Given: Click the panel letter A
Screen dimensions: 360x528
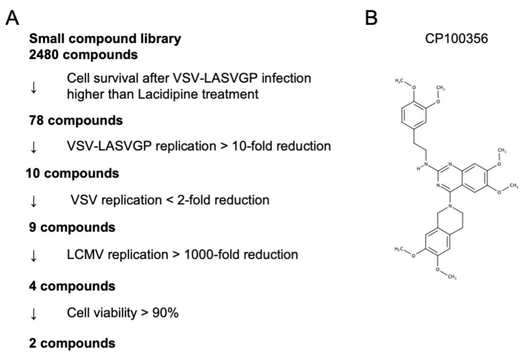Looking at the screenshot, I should click(x=12, y=18).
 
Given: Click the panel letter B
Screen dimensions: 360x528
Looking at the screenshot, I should click(x=371, y=18).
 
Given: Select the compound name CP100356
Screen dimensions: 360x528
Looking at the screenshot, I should click(x=456, y=38).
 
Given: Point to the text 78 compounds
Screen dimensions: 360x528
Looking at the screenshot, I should click(x=76, y=120).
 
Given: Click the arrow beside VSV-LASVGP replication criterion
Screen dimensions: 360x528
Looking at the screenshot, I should click(x=34, y=147).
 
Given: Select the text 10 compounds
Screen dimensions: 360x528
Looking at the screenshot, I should click(x=72, y=173).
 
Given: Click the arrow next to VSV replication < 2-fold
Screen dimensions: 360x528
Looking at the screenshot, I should click(x=34, y=201).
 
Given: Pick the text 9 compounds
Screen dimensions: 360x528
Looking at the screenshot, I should click(x=72, y=227).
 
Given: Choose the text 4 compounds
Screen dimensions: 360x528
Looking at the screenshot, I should click(x=72, y=286).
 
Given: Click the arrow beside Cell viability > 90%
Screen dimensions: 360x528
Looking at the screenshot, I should click(x=34, y=314).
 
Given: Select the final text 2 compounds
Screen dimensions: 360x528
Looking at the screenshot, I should click(x=72, y=343).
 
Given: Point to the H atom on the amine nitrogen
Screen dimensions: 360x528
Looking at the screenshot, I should click(x=418, y=169).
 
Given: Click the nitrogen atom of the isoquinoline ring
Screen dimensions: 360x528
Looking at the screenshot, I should click(x=451, y=206).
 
